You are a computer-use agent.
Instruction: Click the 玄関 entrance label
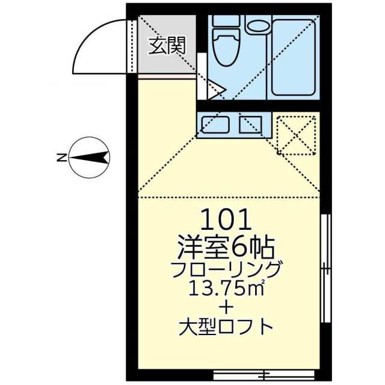(167, 46)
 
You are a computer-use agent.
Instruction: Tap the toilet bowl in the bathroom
(226, 48)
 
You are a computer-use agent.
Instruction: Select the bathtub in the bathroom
(294, 58)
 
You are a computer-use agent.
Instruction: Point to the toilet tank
(226, 20)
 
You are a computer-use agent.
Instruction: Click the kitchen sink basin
(215, 125)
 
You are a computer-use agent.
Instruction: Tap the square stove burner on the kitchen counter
(251, 125)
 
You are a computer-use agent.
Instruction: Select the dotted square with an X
(297, 135)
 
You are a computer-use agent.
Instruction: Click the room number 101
(226, 220)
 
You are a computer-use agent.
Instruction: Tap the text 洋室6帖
(226, 248)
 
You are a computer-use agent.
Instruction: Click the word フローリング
(226, 269)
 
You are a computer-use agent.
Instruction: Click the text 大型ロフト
(226, 327)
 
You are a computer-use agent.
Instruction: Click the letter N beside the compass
(61, 158)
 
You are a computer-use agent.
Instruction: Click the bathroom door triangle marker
(216, 90)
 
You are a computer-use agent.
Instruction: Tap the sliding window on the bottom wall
(264, 375)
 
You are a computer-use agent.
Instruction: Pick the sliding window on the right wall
(326, 268)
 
